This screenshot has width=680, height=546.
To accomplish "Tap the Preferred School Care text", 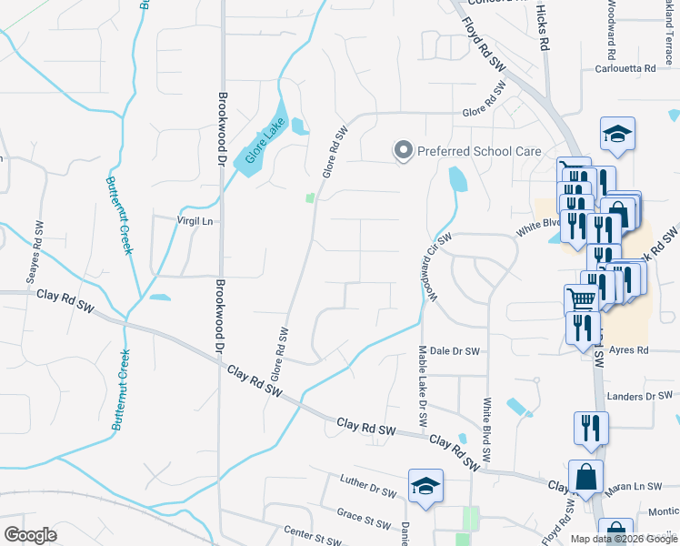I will coord(478,151).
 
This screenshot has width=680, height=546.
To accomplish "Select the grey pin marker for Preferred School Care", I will coord(402,150).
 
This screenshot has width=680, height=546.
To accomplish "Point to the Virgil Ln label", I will coord(195,220).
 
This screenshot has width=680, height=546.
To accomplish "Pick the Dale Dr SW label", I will coord(454,349).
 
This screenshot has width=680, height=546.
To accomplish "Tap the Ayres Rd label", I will coord(629,349).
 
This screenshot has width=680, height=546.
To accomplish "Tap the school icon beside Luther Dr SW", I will coord(425,485).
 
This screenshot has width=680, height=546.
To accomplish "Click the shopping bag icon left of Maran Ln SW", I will coord(586,475).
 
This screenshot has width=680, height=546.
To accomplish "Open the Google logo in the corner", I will coord(30,534).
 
